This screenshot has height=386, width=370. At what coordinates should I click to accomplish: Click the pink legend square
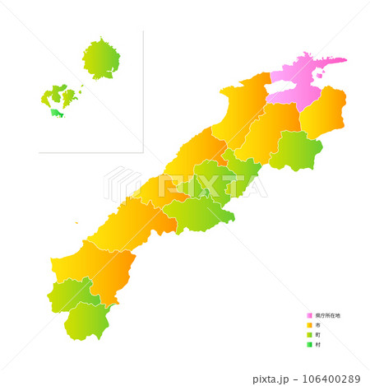310,315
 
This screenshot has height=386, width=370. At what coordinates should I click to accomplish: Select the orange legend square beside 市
310,325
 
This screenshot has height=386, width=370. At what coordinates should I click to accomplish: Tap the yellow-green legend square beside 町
310,335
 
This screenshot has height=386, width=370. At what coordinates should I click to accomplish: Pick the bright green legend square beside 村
310,345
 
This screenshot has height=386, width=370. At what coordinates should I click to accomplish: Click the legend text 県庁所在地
327,315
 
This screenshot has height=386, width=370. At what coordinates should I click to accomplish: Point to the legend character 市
317,325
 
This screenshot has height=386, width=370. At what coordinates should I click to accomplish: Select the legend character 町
317,335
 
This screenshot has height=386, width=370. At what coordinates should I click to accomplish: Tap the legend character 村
317,345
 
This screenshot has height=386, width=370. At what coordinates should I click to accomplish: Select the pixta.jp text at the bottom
272,379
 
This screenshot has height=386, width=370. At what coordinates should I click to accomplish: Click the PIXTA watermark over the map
185,185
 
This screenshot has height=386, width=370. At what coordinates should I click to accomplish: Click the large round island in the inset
101,59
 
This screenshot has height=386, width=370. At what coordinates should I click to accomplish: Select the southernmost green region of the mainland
86,321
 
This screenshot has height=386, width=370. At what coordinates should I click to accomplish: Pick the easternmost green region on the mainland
296,150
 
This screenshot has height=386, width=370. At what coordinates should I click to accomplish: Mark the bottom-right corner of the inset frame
142,152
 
